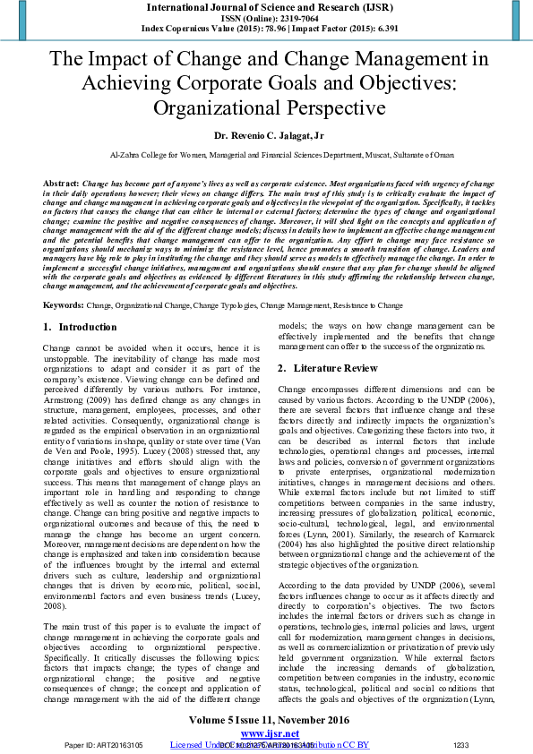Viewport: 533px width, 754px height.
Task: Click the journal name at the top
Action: coord(266,6)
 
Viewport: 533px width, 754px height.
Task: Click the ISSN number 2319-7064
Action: coord(287,17)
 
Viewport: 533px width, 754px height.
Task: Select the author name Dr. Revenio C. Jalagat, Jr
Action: coord(266,134)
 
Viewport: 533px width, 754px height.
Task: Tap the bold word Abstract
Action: coord(60,183)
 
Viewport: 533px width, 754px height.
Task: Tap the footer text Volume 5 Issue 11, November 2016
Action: coord(266,720)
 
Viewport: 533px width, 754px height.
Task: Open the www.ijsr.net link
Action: coord(266,733)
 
